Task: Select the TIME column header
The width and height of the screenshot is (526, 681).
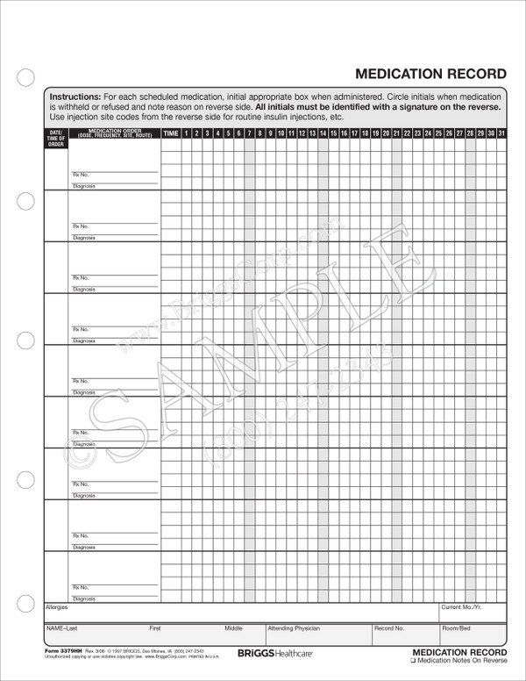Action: point(172,133)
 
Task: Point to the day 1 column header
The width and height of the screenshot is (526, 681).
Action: point(188,133)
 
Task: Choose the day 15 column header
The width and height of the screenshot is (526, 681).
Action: point(334,133)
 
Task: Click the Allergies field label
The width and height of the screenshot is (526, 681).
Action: point(56,606)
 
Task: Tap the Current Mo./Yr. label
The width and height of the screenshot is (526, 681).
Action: point(462,606)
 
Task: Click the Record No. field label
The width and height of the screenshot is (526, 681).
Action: point(389,628)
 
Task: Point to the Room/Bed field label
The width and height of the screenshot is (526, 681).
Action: point(456,628)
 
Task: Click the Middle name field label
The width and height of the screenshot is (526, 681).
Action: point(233,628)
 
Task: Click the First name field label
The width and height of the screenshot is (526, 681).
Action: point(155,628)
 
